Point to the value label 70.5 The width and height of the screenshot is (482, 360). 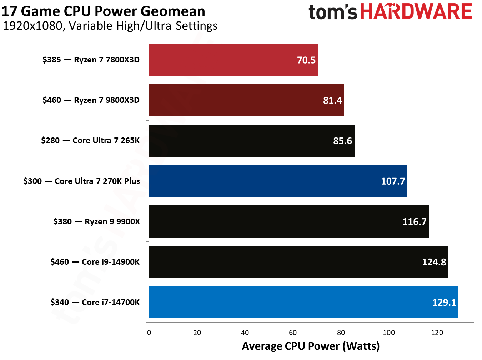pos(306,60)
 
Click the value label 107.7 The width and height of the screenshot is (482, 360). pos(393,181)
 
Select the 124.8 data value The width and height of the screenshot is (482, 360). pos(434,262)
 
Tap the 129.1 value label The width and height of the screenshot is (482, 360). pos(444,302)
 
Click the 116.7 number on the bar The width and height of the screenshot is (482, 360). pos(415,222)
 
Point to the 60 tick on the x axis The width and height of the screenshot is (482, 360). pos(293,332)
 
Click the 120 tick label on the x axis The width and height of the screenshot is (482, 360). pos(437,332)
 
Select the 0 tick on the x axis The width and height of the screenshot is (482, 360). pos(149,332)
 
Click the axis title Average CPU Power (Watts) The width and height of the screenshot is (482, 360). pos(311,346)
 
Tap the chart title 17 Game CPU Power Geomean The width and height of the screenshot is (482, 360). pos(103,11)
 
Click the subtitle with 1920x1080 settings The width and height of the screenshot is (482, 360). pos(110,26)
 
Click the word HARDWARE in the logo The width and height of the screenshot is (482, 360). pos(416,11)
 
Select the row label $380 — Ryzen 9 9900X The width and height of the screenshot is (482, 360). pos(96,221)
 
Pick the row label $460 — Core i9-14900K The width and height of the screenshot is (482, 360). pos(95,262)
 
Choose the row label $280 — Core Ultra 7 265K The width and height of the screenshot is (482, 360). pos(90,140)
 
